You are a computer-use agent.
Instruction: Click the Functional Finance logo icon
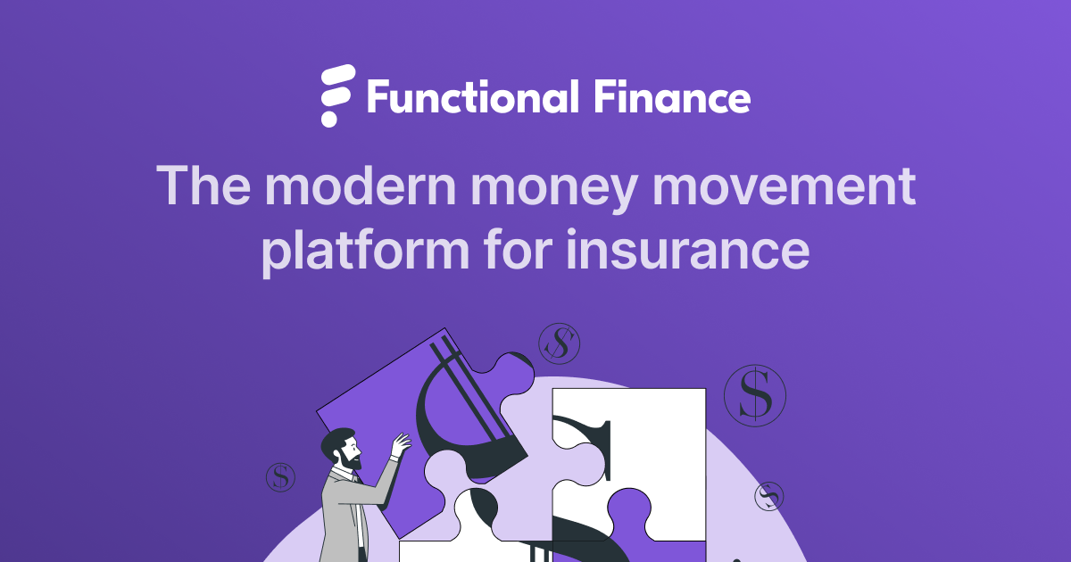337,95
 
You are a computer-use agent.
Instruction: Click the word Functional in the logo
471,96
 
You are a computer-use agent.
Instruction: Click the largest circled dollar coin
755,394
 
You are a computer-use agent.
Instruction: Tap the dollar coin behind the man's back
280,477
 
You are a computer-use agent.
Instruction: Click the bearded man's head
343,450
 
